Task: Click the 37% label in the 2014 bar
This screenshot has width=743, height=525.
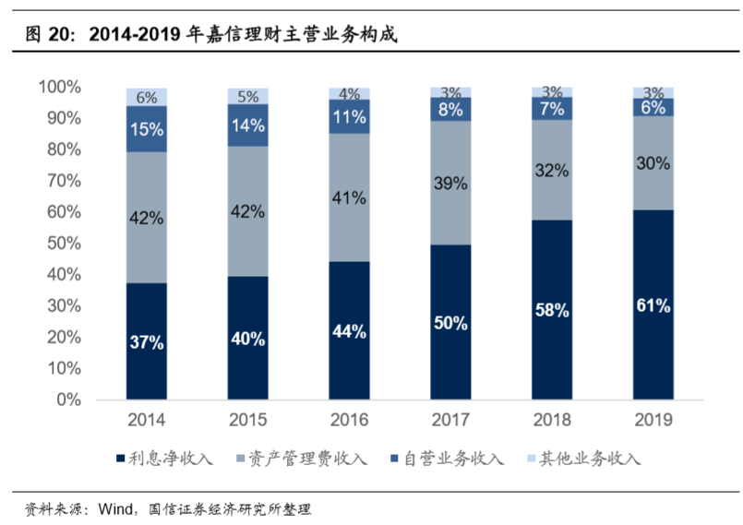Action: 146,342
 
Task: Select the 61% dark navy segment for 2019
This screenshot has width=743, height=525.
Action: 653,304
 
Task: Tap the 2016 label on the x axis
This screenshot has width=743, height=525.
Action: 349,421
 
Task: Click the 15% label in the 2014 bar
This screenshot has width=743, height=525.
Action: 146,129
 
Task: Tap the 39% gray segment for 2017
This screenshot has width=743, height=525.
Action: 450,183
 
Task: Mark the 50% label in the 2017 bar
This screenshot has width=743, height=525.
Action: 450,323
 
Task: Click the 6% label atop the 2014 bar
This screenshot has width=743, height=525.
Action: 146,97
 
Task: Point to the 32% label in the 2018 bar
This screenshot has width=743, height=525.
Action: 551,170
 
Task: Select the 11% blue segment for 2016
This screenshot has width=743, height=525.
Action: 349,116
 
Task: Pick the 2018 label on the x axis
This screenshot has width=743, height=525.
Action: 551,421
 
